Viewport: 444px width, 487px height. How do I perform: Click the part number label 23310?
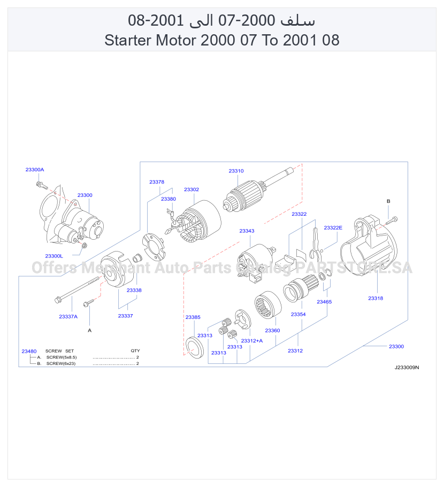tap(236, 171)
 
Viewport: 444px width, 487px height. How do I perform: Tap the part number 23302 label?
tap(192, 189)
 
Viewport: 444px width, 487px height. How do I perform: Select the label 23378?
tap(157, 182)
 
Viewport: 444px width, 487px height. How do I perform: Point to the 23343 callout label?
tap(247, 231)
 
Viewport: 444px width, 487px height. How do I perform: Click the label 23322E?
tap(333, 227)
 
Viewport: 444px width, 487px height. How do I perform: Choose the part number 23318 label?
tap(376, 298)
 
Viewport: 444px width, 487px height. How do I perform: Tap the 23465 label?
tap(324, 302)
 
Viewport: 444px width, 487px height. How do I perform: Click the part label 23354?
tap(298, 314)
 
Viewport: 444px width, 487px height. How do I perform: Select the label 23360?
tap(272, 331)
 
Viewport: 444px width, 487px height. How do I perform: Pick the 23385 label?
tap(193, 317)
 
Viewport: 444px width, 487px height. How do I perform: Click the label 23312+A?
tap(252, 341)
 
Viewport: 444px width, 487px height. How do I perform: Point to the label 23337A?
tap(68, 316)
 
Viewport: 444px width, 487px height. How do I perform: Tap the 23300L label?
tap(54, 256)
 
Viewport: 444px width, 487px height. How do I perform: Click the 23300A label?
tap(35, 170)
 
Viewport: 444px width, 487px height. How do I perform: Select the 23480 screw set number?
tap(29, 351)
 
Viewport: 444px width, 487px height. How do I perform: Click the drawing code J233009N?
tap(407, 368)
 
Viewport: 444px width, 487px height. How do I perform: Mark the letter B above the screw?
tap(388, 201)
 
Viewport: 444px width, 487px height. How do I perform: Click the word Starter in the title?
tap(128, 40)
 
